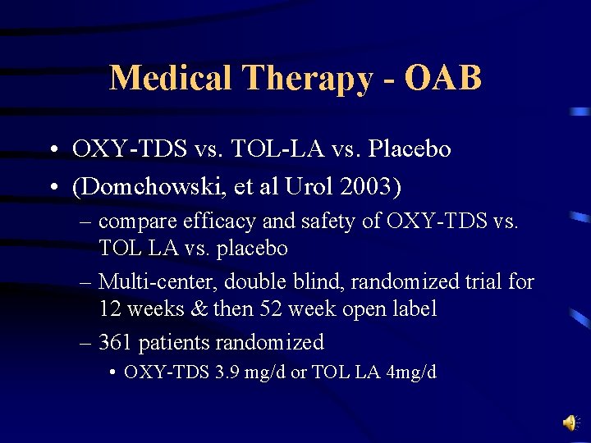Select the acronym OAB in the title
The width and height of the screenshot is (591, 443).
[442, 78]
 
